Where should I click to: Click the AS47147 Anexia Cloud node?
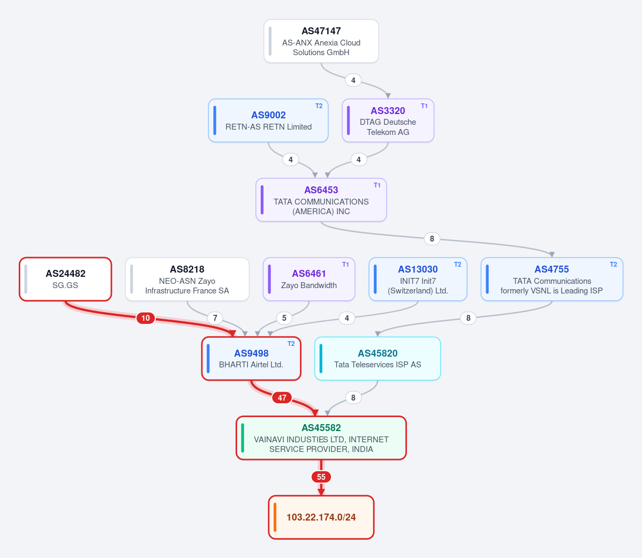click(x=321, y=41)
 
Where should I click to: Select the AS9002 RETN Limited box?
click(x=268, y=120)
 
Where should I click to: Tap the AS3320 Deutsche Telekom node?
click(x=388, y=120)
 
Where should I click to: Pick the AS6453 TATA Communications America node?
click(x=321, y=200)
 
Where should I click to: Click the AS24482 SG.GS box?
click(x=65, y=279)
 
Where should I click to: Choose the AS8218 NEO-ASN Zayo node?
click(x=187, y=279)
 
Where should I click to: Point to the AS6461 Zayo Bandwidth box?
click(x=309, y=279)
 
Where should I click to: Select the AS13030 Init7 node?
click(x=418, y=279)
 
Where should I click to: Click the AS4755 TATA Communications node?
click(x=552, y=279)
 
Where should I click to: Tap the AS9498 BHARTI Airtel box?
click(x=252, y=359)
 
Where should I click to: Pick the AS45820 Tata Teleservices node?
click(x=377, y=359)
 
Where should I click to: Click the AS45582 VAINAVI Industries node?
click(x=321, y=438)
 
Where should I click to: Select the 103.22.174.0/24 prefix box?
click(x=321, y=517)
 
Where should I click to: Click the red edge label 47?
click(x=282, y=397)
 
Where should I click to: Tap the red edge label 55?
click(x=321, y=477)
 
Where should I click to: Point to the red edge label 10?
click(x=145, y=318)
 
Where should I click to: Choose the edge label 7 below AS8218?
click(x=215, y=318)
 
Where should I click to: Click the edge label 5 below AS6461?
click(x=284, y=318)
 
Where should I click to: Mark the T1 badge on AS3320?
click(x=424, y=106)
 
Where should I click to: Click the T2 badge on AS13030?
click(x=457, y=265)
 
